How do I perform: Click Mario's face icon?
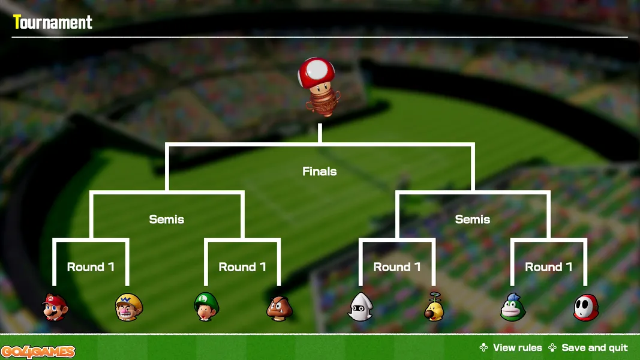click(x=55, y=307)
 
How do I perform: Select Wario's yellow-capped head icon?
click(x=129, y=307)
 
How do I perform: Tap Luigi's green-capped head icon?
click(x=206, y=307)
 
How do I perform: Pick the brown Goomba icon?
click(x=280, y=308)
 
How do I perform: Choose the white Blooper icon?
click(x=360, y=307)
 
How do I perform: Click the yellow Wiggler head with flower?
click(x=434, y=307)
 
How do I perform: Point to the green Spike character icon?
click(x=513, y=307)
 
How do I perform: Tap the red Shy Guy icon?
click(x=586, y=308)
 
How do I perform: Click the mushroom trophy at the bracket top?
click(x=319, y=87)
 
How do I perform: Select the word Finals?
click(x=320, y=172)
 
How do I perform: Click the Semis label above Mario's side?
click(x=167, y=220)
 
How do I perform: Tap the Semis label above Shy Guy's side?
click(x=473, y=220)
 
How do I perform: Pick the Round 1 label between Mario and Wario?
click(x=91, y=267)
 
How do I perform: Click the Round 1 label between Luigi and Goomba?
click(x=242, y=267)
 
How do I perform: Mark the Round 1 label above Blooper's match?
click(x=397, y=267)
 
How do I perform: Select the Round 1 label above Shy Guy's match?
click(x=549, y=267)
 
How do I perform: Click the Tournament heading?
click(x=53, y=22)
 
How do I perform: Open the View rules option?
click(x=511, y=348)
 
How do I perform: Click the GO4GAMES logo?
click(x=38, y=352)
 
